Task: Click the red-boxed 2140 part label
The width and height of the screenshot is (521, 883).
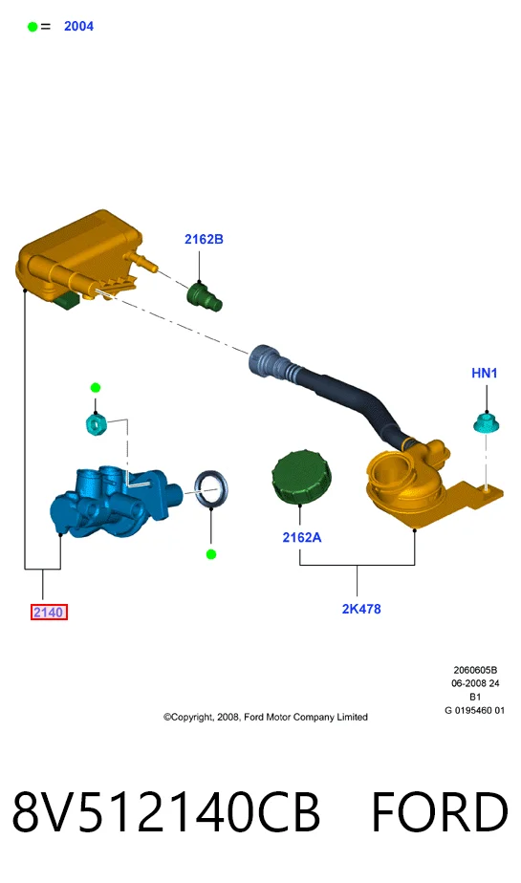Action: coord(49,613)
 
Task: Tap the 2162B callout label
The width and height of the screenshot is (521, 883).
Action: coord(204,239)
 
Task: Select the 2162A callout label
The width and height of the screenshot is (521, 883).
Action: coord(302,537)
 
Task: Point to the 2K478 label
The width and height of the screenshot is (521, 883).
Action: coord(361,609)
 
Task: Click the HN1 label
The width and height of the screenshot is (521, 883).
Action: coord(485,373)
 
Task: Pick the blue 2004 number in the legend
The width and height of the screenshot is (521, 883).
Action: coord(78,27)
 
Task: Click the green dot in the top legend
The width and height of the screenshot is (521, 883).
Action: coord(33,27)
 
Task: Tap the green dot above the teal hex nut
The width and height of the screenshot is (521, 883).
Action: coord(96,387)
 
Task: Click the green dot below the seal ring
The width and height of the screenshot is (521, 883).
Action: coord(211,554)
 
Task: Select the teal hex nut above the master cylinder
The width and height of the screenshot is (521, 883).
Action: coord(96,423)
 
